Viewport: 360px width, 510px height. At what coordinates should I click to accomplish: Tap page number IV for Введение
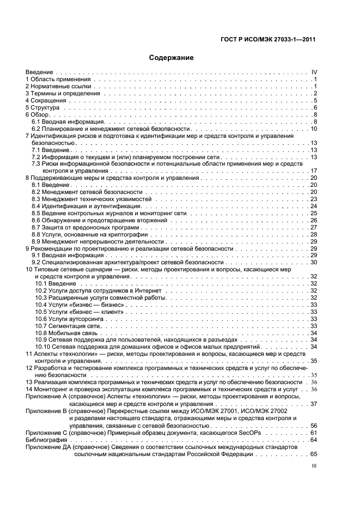coord(314,72)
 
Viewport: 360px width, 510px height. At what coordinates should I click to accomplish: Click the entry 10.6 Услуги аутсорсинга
coord(69,318)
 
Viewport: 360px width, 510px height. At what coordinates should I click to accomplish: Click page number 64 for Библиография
coord(314,439)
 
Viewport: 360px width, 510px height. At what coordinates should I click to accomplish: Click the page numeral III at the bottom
coord(314,466)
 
